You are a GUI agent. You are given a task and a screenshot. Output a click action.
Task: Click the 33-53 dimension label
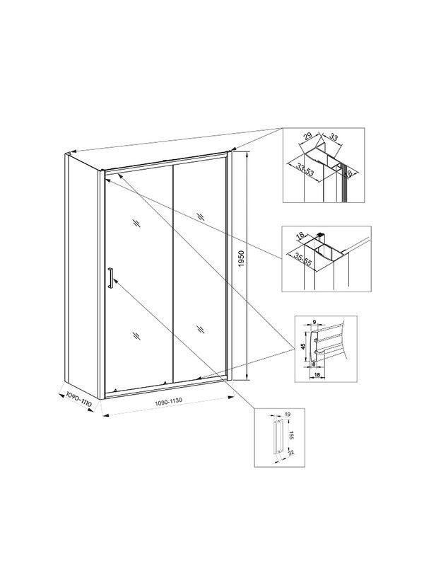pyautogui.click(x=306, y=170)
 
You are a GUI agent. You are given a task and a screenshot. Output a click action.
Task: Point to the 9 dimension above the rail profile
pyautogui.click(x=314, y=322)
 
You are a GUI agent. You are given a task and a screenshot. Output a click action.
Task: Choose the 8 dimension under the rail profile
pyautogui.click(x=314, y=365)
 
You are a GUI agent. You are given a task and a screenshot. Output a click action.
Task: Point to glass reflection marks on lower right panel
pyautogui.click(x=201, y=328)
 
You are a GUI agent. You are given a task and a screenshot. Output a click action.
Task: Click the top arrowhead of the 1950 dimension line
pyautogui.click(x=246, y=155)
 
